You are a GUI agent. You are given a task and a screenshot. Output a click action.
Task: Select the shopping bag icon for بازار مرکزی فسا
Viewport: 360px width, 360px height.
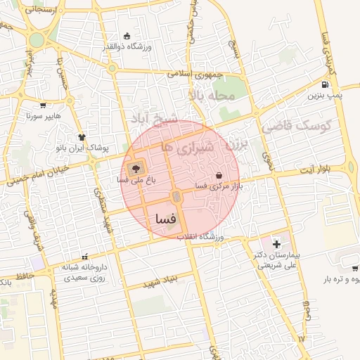click(x=219, y=175)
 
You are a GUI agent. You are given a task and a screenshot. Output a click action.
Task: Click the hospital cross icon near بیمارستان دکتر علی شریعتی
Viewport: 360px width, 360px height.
click(x=276, y=243)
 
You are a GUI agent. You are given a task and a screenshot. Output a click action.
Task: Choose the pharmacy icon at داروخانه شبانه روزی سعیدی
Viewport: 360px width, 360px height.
click(x=85, y=256)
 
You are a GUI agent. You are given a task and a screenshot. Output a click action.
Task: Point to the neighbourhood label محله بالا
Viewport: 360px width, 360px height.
click(x=211, y=95)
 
